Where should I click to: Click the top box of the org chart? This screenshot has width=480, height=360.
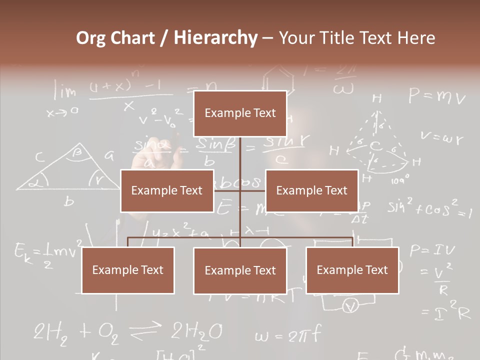click(240, 113)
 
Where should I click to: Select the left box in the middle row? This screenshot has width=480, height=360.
click(167, 190)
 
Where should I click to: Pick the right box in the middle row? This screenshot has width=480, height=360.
click(311, 190)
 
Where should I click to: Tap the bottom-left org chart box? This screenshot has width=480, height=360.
click(128, 270)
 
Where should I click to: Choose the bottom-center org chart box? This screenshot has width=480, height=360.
click(240, 270)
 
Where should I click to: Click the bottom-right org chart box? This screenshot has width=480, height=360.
click(352, 270)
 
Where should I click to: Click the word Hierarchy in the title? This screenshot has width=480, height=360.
click(215, 38)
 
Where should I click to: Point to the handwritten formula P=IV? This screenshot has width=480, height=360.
click(431, 250)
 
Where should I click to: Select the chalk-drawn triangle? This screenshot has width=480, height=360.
click(67, 170)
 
